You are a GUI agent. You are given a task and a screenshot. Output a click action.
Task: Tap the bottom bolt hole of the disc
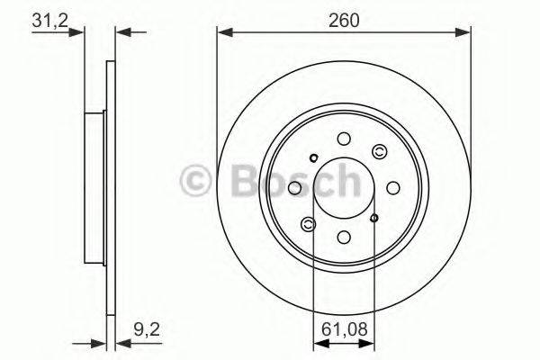click(x=344, y=238)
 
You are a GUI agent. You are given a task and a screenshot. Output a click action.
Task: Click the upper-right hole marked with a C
click(x=379, y=152)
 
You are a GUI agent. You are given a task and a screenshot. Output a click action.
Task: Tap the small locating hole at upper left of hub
click(x=313, y=159)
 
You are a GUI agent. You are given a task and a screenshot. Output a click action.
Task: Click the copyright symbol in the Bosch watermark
click(x=197, y=182)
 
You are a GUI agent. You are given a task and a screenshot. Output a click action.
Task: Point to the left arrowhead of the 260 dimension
click(x=222, y=33)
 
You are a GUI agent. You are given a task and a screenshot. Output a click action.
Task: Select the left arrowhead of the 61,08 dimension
click(x=318, y=343)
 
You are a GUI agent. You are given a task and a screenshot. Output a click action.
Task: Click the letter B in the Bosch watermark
click(x=237, y=182)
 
